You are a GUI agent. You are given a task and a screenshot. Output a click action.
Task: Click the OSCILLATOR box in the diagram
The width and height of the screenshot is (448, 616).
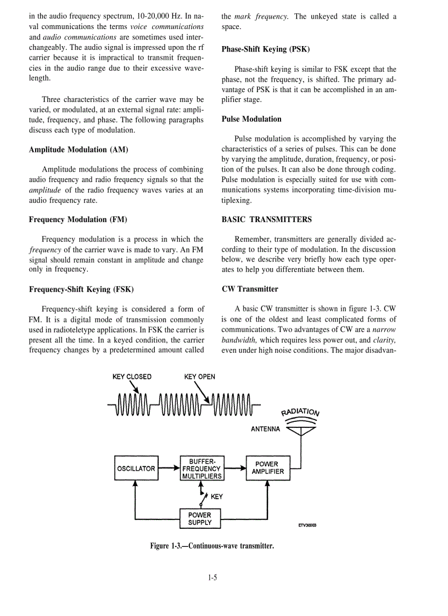(136, 468)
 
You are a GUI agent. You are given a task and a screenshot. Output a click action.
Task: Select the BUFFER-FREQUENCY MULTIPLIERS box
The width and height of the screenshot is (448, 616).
(202, 468)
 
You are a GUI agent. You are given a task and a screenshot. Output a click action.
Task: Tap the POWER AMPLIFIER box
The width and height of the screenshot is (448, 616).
(268, 468)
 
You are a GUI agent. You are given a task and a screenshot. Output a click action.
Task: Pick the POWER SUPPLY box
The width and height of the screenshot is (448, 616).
(199, 519)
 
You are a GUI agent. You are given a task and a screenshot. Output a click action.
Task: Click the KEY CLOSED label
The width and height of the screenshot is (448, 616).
(132, 377)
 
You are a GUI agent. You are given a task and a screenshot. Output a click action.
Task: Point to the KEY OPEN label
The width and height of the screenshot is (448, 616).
(200, 377)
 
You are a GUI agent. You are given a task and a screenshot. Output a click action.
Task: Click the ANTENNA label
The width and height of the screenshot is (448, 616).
(265, 429)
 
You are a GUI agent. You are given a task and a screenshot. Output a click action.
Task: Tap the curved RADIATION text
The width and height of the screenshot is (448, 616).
(300, 412)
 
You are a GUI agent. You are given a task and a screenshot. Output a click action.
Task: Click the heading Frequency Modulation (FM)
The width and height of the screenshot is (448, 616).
(78, 219)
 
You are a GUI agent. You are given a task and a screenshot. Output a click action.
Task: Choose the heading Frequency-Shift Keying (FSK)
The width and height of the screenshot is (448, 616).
(81, 289)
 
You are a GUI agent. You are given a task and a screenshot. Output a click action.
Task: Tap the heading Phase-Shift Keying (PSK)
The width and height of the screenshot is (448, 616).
(266, 49)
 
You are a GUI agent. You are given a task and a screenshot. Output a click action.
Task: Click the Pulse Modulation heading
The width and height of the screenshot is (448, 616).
(251, 119)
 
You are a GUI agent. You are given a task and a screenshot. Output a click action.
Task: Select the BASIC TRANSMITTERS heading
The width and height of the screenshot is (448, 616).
(267, 219)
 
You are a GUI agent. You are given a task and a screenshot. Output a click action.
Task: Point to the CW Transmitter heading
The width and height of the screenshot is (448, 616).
(250, 289)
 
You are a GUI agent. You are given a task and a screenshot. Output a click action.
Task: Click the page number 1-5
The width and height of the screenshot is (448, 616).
(213, 577)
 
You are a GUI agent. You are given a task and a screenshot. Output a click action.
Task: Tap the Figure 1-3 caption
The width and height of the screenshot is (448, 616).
(212, 546)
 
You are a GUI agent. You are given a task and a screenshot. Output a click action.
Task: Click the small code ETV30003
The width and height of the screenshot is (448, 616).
(307, 525)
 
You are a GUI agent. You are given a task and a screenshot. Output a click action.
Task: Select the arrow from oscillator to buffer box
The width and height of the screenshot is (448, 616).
(169, 468)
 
